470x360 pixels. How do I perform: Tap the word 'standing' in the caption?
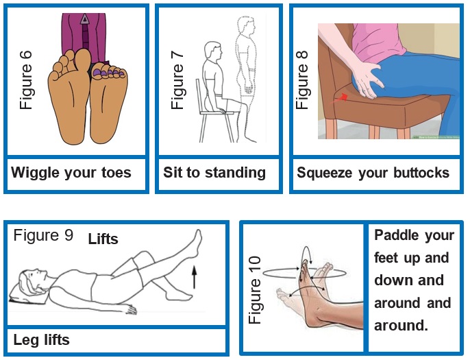point(233,172)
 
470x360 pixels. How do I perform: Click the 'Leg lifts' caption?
point(42,339)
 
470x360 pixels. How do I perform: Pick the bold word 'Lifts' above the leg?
point(103,239)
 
